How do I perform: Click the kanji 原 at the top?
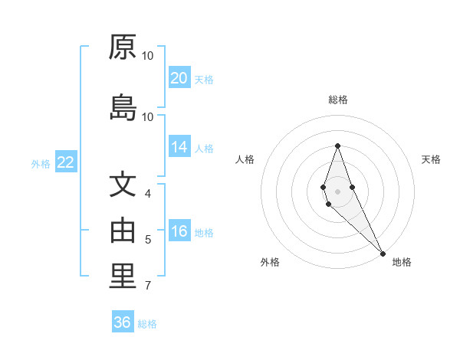point(123,47)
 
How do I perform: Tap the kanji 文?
point(123,185)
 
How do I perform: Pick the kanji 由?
point(123,231)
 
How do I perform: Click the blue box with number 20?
point(179,78)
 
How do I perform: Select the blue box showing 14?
point(179,147)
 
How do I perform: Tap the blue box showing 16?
point(179,232)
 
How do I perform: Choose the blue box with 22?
point(65,162)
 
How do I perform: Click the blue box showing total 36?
point(123,322)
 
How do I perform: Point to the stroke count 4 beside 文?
point(148,194)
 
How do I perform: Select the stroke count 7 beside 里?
point(148,286)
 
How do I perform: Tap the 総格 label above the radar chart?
point(337,100)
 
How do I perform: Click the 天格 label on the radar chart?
point(431,159)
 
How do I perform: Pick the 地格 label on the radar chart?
point(402,262)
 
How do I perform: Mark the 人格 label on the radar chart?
point(245,159)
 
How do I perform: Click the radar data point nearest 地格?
point(382,252)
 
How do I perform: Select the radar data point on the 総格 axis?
point(337,146)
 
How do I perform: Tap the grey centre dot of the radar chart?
point(337,191)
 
